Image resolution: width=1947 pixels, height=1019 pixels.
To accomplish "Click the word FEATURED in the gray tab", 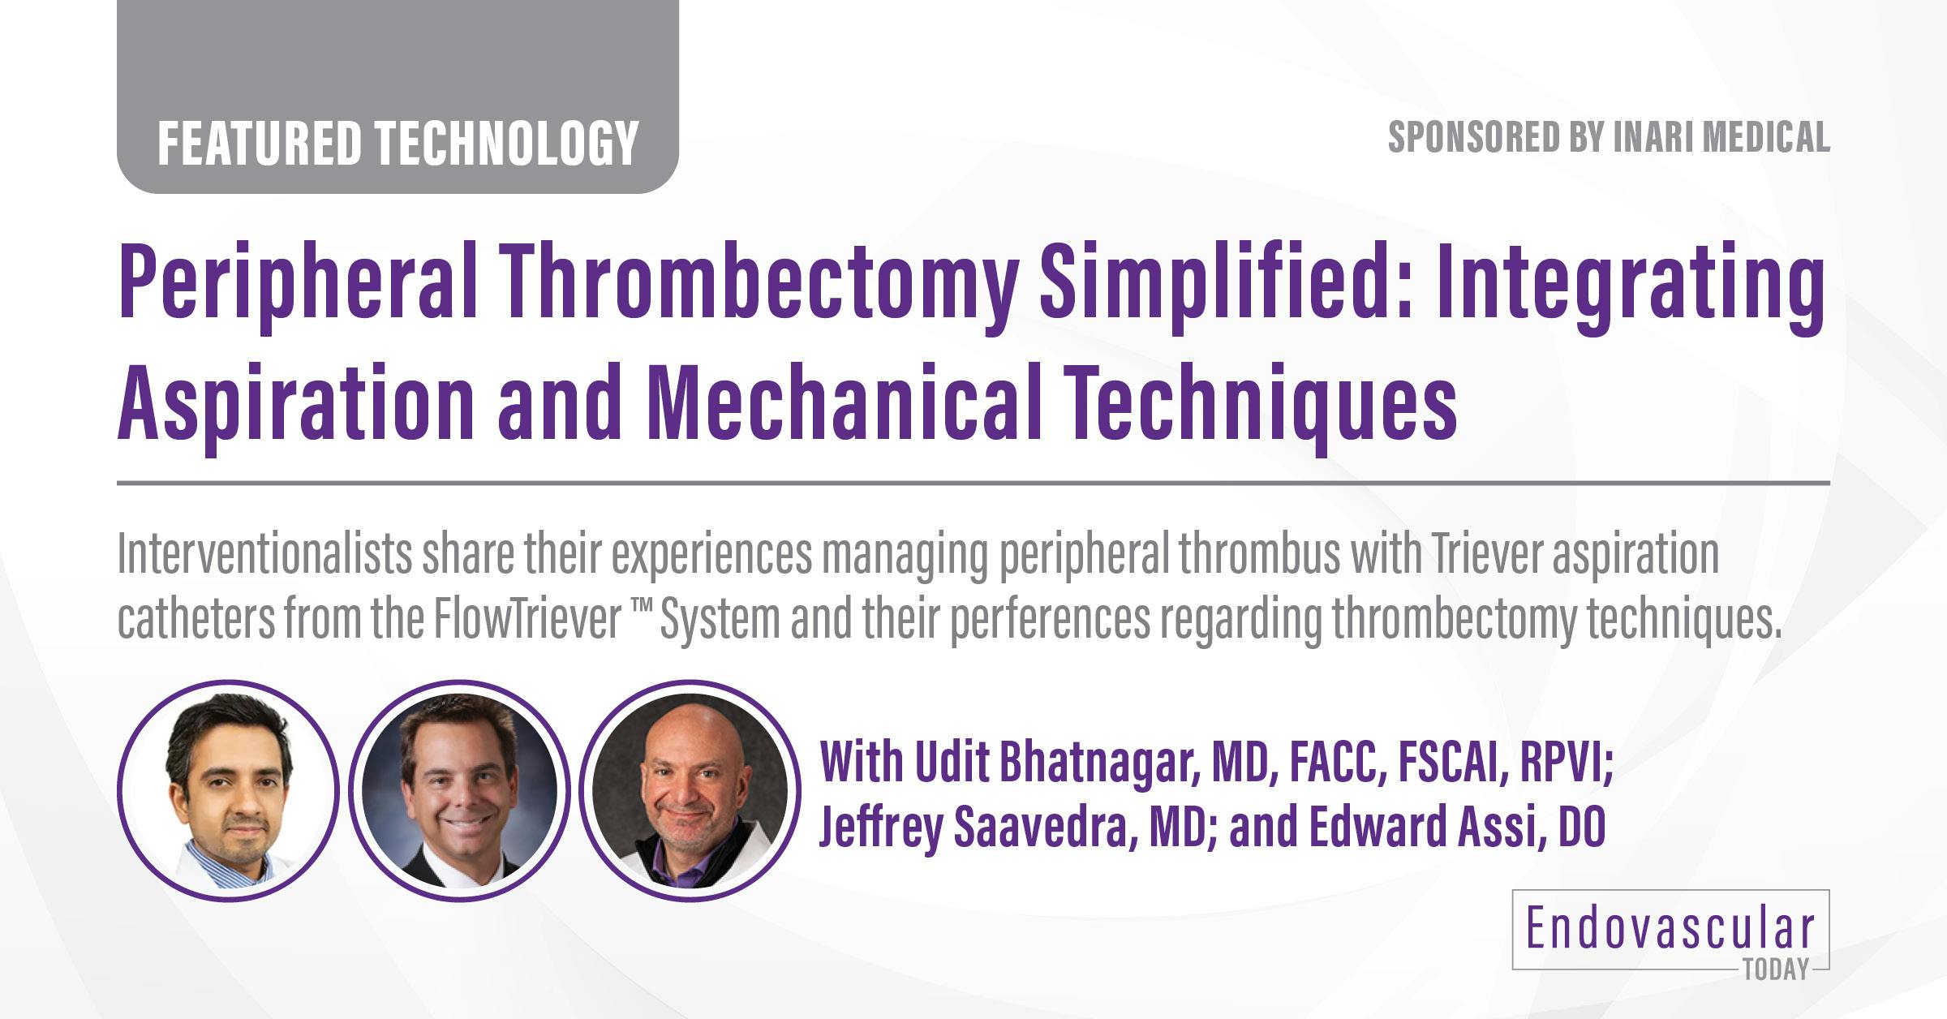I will [x=258, y=143].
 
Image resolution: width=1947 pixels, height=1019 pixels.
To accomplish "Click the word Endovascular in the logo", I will [x=1670, y=930].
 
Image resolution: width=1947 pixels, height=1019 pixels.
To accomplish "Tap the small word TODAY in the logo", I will [x=1776, y=970].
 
